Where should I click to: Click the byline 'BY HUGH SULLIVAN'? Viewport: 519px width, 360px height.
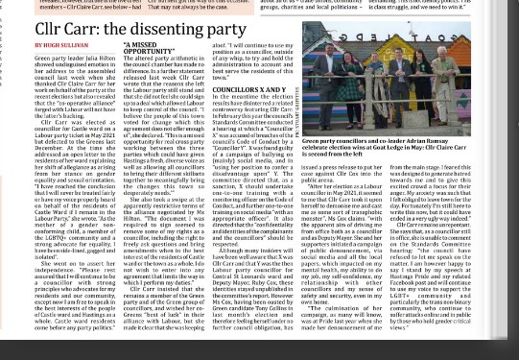point(61,45)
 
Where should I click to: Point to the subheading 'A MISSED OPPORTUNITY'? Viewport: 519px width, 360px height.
point(141,48)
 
